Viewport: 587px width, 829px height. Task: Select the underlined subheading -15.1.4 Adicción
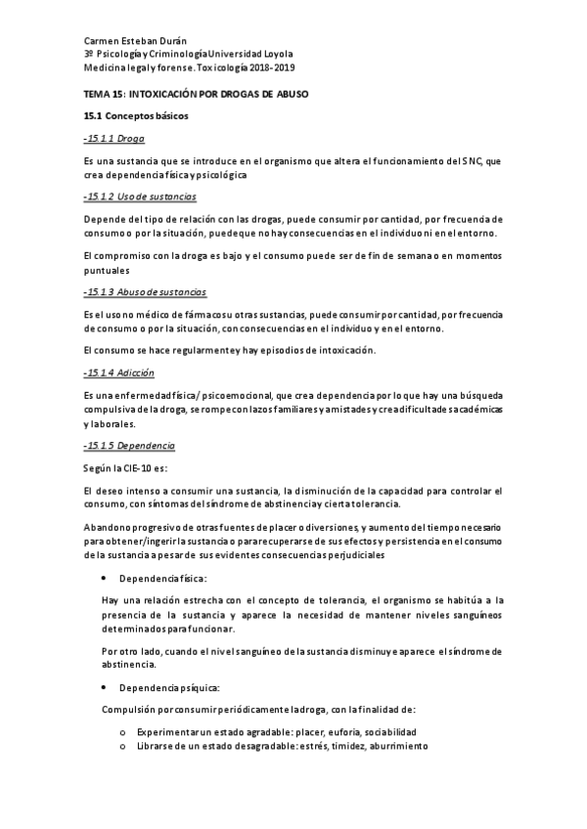pyautogui.click(x=119, y=373)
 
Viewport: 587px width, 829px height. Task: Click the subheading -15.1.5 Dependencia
pyautogui.click(x=129, y=446)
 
